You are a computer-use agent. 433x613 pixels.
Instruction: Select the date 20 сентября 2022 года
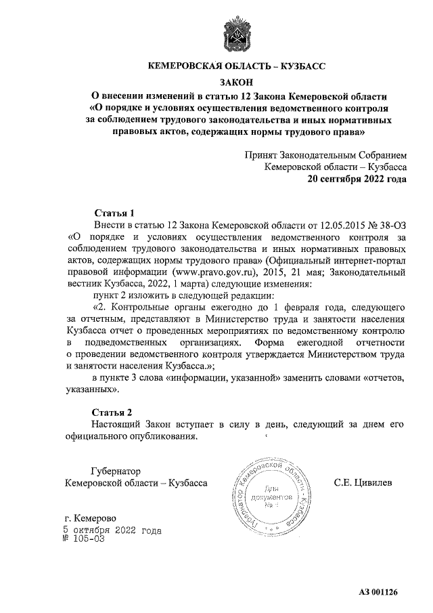[358, 181]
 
